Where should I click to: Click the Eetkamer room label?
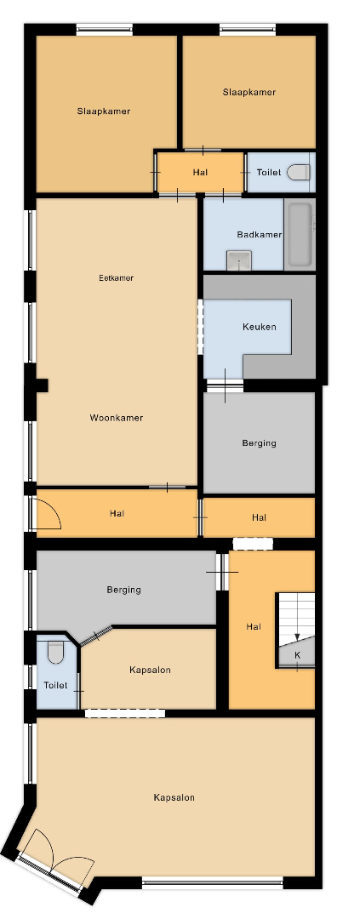[x=116, y=277]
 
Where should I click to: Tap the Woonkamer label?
[x=116, y=418]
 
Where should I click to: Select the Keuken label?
[x=260, y=327]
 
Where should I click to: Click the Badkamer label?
[x=260, y=235]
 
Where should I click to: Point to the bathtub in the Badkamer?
[x=300, y=235]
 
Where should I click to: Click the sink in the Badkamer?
[x=239, y=260]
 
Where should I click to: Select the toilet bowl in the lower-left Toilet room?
[x=55, y=653]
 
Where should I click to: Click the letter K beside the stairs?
[x=297, y=655]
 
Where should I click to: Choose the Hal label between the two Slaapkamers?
[x=200, y=172]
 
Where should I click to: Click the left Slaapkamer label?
[x=103, y=111]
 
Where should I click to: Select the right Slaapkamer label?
[x=249, y=92]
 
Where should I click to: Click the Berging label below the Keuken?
[x=260, y=443]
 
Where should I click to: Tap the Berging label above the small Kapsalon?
[x=123, y=590]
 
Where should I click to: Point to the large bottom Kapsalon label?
[x=174, y=797]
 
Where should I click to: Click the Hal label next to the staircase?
[x=254, y=626]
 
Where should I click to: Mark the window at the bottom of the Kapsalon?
[x=212, y=882]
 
